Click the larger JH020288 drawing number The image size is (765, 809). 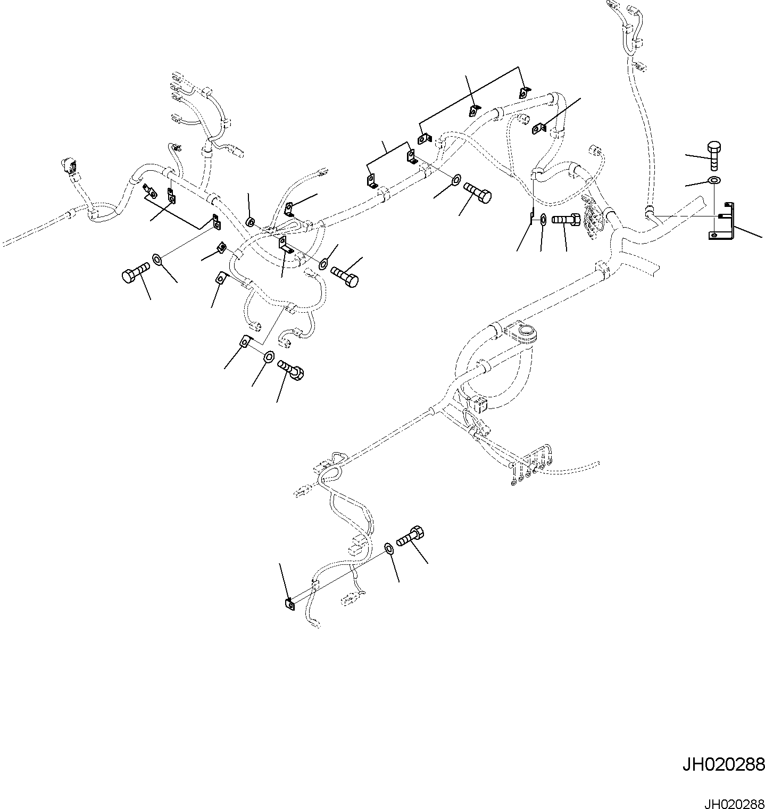click(x=724, y=765)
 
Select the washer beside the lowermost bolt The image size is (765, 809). click(x=389, y=548)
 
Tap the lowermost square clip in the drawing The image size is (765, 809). click(x=289, y=603)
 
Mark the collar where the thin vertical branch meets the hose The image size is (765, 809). click(x=648, y=211)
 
